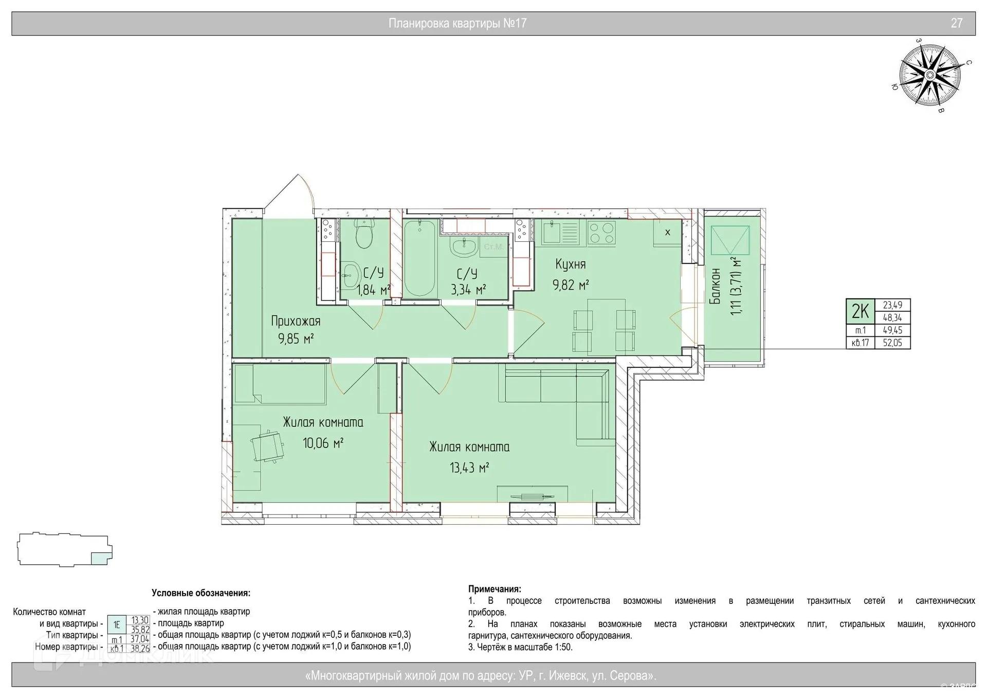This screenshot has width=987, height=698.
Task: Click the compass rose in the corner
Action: [930, 76]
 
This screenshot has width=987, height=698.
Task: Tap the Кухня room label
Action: [571, 264]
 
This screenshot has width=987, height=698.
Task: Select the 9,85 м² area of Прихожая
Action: [296, 339]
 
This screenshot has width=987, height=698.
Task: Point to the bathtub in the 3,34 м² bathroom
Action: [420, 258]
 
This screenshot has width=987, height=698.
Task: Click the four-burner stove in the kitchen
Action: [601, 232]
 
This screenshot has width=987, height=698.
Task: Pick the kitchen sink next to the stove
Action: [560, 232]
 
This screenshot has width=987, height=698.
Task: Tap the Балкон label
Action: [715, 286]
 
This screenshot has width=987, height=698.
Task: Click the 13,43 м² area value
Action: [469, 468]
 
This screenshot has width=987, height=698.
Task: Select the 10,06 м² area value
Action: [323, 443]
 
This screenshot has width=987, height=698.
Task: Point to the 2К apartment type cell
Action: [860, 311]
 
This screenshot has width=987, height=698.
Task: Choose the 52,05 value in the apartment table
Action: [892, 343]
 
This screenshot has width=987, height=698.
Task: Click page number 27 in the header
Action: [957, 23]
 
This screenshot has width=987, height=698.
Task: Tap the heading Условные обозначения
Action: [201, 593]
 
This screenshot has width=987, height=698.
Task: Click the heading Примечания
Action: [495, 589]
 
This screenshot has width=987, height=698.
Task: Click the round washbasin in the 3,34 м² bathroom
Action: [464, 246]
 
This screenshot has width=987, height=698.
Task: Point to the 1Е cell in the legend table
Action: [117, 625]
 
